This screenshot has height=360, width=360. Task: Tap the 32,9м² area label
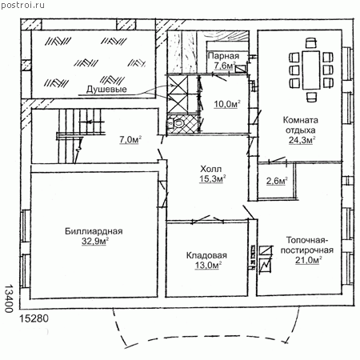point(95,241)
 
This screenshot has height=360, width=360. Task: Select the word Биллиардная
point(94,231)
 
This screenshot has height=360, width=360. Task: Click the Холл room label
point(210,169)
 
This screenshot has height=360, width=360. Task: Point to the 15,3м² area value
point(213,178)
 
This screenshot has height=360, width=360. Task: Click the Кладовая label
point(206,255)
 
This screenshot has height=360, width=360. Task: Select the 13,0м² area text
point(209,265)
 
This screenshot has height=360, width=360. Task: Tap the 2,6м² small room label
point(277,181)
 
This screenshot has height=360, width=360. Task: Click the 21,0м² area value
point(309,260)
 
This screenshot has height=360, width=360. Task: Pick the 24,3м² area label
point(302,140)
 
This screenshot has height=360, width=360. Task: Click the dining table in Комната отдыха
point(311,70)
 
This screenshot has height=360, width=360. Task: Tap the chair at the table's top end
point(311,43)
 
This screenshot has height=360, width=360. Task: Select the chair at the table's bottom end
point(311,97)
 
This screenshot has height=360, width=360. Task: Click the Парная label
point(223,56)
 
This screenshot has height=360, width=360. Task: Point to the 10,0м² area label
point(227,104)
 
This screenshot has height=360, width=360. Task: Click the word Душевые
point(106,89)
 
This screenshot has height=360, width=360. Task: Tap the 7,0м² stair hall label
point(130,139)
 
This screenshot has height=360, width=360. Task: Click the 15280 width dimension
point(34,318)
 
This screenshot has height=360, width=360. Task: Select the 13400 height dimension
point(10,298)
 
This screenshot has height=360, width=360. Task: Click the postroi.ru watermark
point(22,6)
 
